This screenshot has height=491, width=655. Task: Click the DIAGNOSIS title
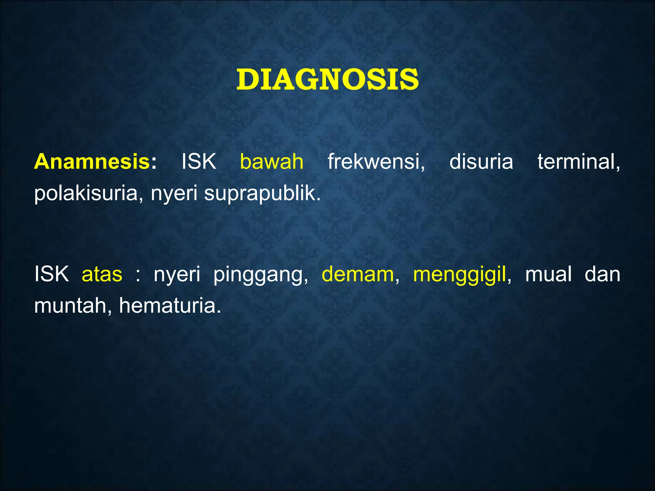pos(327,80)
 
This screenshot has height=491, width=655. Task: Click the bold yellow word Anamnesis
pos(92,161)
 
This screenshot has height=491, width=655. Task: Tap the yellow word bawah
pos(272,161)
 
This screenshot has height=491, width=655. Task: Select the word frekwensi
pos(376,161)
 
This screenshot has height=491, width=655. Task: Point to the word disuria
pos(481,161)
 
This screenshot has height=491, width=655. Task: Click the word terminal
pos(578,161)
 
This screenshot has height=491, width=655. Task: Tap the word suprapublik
pos(262,193)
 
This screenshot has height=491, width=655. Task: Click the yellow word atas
pos(102,274)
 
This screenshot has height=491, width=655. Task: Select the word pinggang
pos(260,274)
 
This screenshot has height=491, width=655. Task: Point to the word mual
pos(548,274)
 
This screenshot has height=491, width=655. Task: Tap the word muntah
pos(73,306)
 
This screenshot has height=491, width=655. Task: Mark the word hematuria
pos(170,306)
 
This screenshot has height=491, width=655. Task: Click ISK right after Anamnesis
pos(199,161)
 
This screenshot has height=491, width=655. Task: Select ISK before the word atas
pos(51,274)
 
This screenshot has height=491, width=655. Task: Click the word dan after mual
pos(602,274)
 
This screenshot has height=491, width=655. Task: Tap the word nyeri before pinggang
pos(177,274)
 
